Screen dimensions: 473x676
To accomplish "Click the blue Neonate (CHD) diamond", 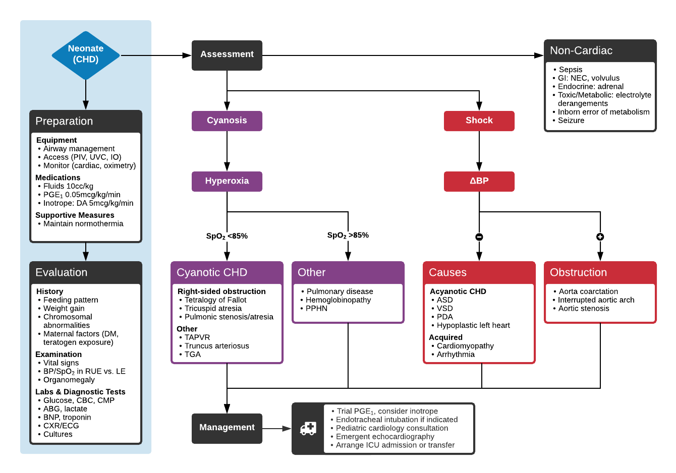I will pyautogui.click(x=86, y=54).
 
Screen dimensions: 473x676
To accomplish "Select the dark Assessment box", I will pyautogui.click(x=227, y=55).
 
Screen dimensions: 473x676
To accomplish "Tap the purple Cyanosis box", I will pyautogui.click(x=227, y=121).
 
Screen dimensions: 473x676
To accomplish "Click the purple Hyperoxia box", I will pyautogui.click(x=227, y=181).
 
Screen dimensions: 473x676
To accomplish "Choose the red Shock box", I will pyautogui.click(x=479, y=121).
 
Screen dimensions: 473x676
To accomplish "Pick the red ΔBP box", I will pyautogui.click(x=479, y=181).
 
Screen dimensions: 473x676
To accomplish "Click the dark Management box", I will pyautogui.click(x=227, y=428).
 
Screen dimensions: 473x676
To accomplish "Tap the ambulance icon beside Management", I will pyautogui.click(x=308, y=428).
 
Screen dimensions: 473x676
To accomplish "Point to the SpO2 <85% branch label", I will pyautogui.click(x=227, y=236).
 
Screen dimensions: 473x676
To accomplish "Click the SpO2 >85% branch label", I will pyautogui.click(x=348, y=235).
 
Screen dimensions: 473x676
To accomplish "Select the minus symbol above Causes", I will pyautogui.click(x=479, y=237).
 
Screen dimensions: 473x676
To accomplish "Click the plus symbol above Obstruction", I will pyautogui.click(x=600, y=237).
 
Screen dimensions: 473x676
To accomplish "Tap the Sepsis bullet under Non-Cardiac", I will pyautogui.click(x=570, y=70).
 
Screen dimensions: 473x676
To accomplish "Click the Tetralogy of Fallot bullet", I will pyautogui.click(x=215, y=300).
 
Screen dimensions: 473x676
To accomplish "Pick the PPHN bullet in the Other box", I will pyautogui.click(x=316, y=309).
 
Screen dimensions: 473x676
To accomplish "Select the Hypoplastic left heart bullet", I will pyautogui.click(x=473, y=326).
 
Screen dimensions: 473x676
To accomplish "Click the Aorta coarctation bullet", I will pyautogui.click(x=588, y=291).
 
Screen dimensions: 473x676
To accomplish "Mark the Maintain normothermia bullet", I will pyautogui.click(x=83, y=224).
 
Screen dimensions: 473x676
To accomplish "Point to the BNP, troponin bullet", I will pyautogui.click(x=67, y=418).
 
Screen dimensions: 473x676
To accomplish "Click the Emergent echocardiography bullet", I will pyautogui.click(x=385, y=437).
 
